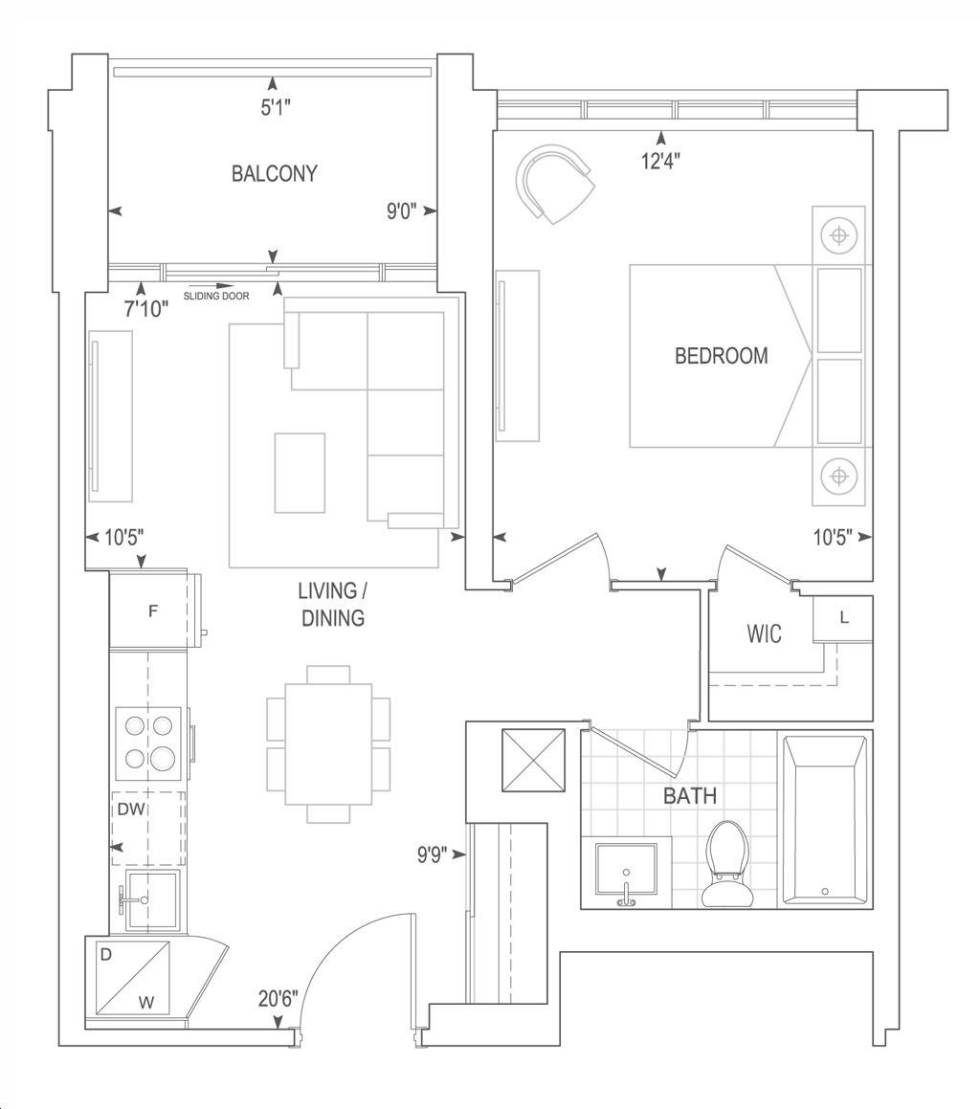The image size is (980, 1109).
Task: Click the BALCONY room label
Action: pos(275,173)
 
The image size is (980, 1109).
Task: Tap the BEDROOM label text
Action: pos(721,355)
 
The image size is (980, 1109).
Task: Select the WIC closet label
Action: pos(764,633)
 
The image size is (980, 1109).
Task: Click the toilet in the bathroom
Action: pos(726,864)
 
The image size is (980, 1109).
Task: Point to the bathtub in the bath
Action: pos(824,820)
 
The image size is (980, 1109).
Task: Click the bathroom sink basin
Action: pos(626,873)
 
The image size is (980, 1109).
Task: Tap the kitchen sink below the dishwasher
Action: pos(151,901)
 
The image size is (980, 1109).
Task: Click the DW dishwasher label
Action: pos(131,810)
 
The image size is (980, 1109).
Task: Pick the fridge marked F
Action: pos(153,610)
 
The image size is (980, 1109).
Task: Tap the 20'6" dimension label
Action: pos(278,998)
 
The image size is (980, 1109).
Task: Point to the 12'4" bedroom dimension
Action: pos(661,162)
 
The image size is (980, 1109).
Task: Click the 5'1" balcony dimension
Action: pos(276,107)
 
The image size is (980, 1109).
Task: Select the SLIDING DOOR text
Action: pos(216,297)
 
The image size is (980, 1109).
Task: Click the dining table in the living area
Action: pos(328,744)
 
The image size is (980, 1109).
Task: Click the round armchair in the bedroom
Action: pos(555,183)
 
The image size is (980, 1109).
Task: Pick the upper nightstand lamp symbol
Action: pos(838,235)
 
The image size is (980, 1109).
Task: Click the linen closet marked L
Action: pos(843,619)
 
